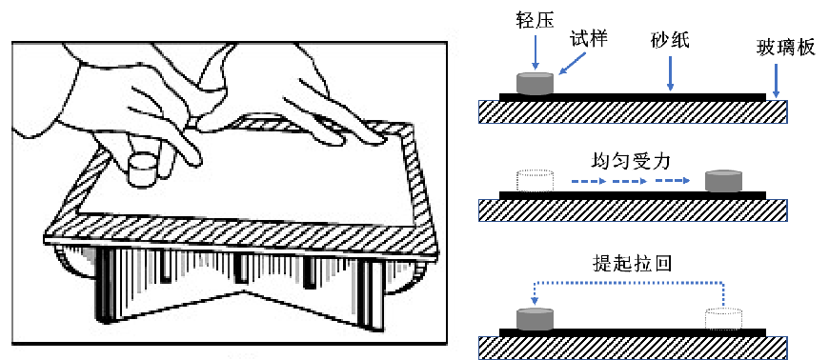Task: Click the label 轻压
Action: pyautogui.click(x=535, y=22)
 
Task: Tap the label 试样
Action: pyautogui.click(x=589, y=39)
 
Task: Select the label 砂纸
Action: pyautogui.click(x=671, y=40)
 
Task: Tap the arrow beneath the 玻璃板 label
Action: pyautogui.click(x=775, y=80)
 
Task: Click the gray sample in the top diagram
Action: pyautogui.click(x=535, y=84)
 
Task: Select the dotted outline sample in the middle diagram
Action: pyautogui.click(x=535, y=180)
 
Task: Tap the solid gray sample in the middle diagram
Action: pyautogui.click(x=724, y=180)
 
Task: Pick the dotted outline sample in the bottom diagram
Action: pyautogui.click(x=724, y=319)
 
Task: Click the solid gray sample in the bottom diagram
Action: pyautogui.click(x=535, y=319)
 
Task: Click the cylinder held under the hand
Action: pyautogui.click(x=143, y=170)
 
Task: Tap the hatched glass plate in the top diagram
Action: pyautogui.click(x=634, y=112)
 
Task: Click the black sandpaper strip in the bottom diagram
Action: pyautogui.click(x=633, y=332)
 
